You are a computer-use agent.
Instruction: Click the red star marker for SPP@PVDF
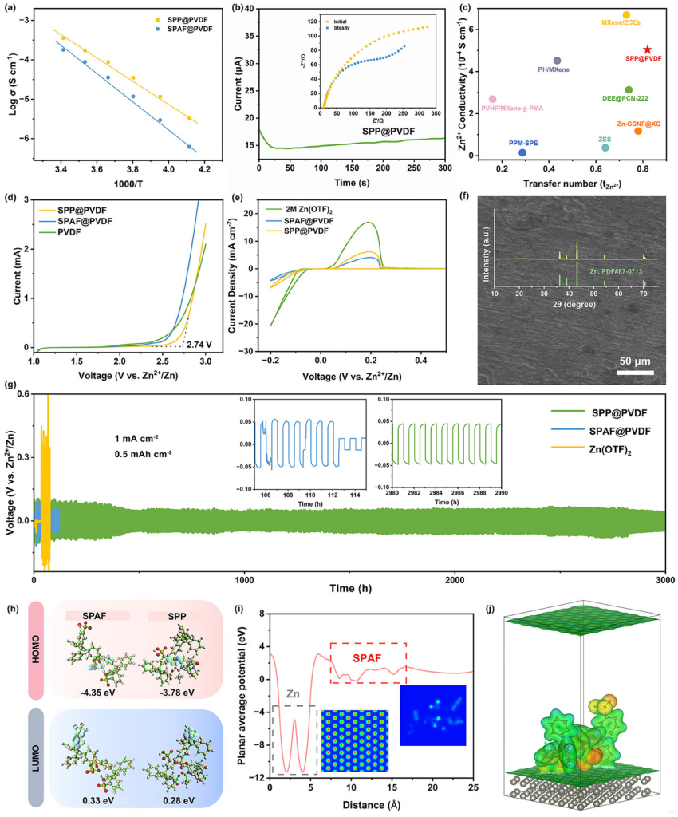coord(648,49)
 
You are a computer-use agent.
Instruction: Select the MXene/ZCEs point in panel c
coord(626,15)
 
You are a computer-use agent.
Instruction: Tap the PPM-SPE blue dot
coord(522,152)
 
